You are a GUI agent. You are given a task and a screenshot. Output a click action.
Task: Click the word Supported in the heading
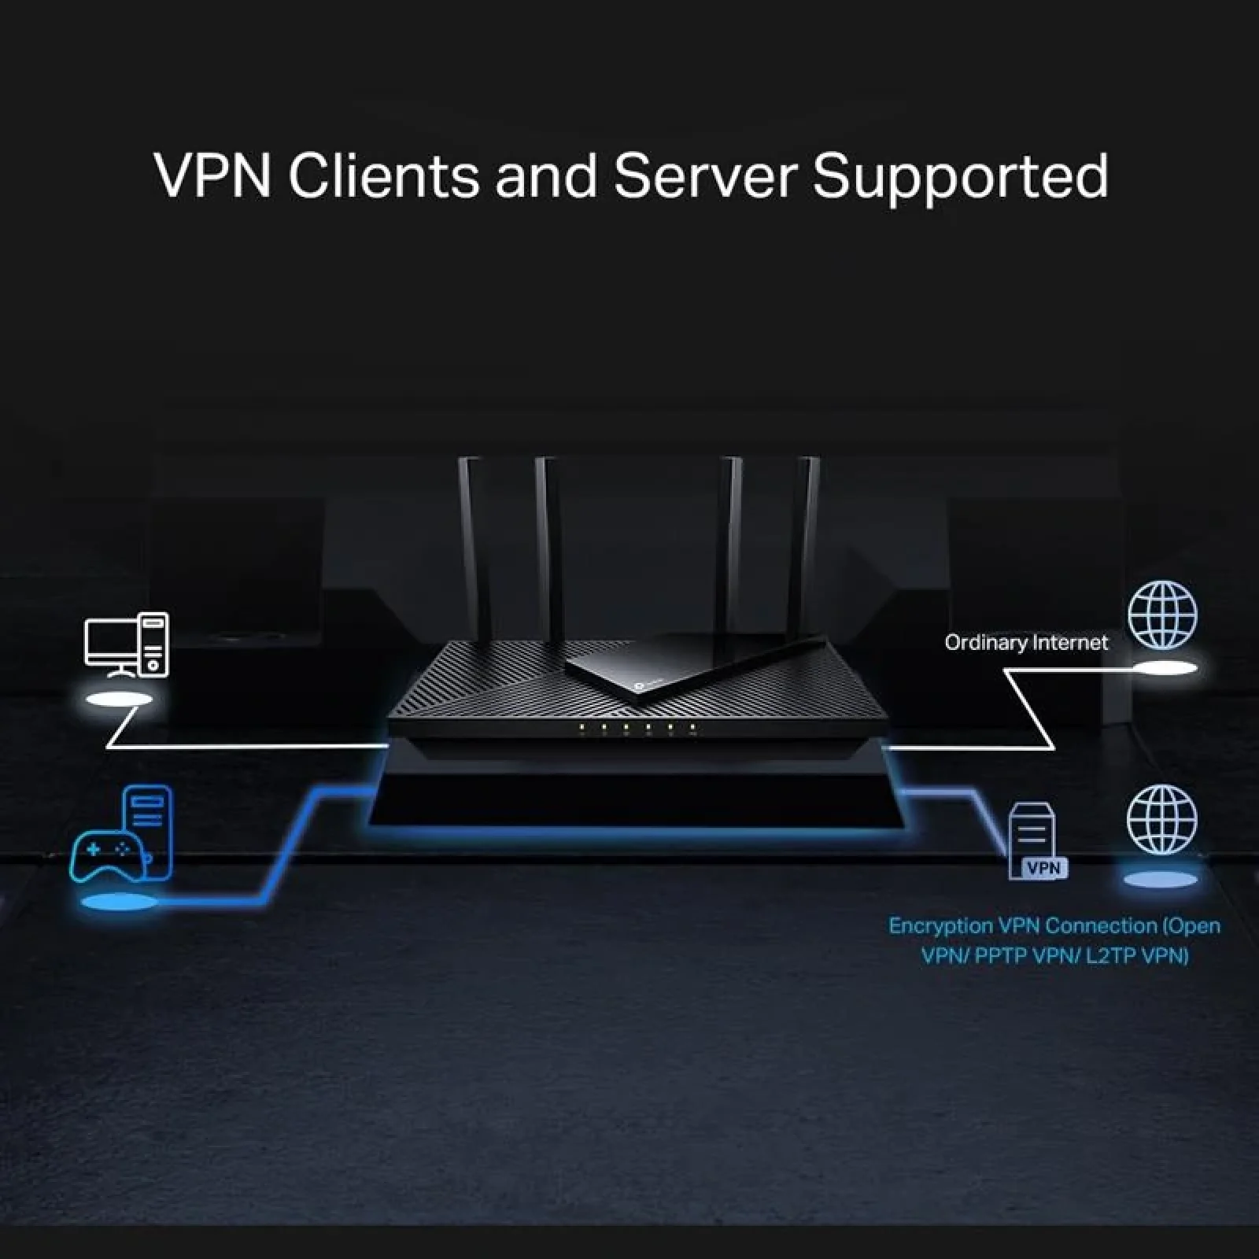click(960, 177)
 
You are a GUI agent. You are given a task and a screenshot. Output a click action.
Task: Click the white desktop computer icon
click(127, 645)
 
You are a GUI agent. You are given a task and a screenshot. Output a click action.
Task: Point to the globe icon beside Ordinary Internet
click(1163, 615)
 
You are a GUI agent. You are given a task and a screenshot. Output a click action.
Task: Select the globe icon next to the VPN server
click(1161, 820)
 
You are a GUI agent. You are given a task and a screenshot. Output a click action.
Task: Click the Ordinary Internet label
click(1025, 643)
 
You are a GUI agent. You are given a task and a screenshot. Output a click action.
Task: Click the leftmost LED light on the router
click(582, 727)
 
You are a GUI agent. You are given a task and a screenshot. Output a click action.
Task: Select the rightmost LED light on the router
click(692, 727)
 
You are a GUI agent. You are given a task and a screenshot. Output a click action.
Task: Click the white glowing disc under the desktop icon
click(120, 700)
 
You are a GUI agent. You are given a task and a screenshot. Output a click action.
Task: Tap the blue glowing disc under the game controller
click(120, 903)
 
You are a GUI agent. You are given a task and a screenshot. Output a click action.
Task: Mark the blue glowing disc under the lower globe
click(1160, 879)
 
